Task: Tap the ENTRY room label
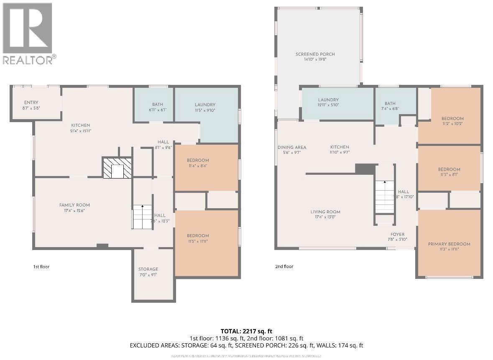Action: pyautogui.click(x=31, y=102)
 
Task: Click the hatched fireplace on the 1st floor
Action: pyautogui.click(x=118, y=168)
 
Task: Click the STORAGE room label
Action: pyautogui.click(x=148, y=269)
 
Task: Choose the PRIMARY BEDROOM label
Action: pyautogui.click(x=449, y=244)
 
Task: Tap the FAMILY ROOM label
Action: pyautogui.click(x=74, y=205)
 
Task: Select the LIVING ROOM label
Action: pyautogui.click(x=325, y=212)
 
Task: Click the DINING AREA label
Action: pyautogui.click(x=292, y=147)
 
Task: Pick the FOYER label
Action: pyautogui.click(x=397, y=235)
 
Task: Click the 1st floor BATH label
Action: pyautogui.click(x=158, y=105)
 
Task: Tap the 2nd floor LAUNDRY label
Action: pyautogui.click(x=328, y=100)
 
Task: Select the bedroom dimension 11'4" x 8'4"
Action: pyautogui.click(x=198, y=166)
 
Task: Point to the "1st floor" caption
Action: pyautogui.click(x=41, y=267)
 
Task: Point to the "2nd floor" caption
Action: pyautogui.click(x=285, y=267)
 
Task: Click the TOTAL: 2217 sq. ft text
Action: pyautogui.click(x=246, y=331)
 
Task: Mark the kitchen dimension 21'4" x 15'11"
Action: pyautogui.click(x=80, y=131)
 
